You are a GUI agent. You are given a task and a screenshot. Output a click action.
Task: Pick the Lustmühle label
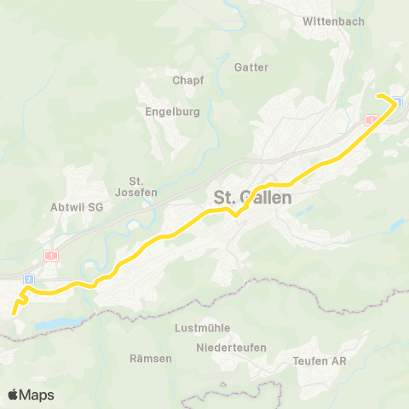click(x=202, y=327)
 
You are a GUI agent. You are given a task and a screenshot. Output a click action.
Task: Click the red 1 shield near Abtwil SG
click(x=53, y=255)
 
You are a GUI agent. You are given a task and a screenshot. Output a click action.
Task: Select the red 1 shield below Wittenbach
click(x=369, y=120)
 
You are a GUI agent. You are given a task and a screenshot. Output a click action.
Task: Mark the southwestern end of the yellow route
click(x=14, y=314)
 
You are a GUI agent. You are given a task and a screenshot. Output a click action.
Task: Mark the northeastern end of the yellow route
click(x=378, y=95)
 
